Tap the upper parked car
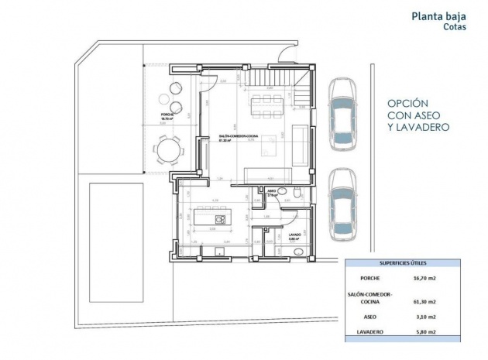(342, 116)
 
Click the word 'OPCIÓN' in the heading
(407, 102)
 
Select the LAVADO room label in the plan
(294, 235)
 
